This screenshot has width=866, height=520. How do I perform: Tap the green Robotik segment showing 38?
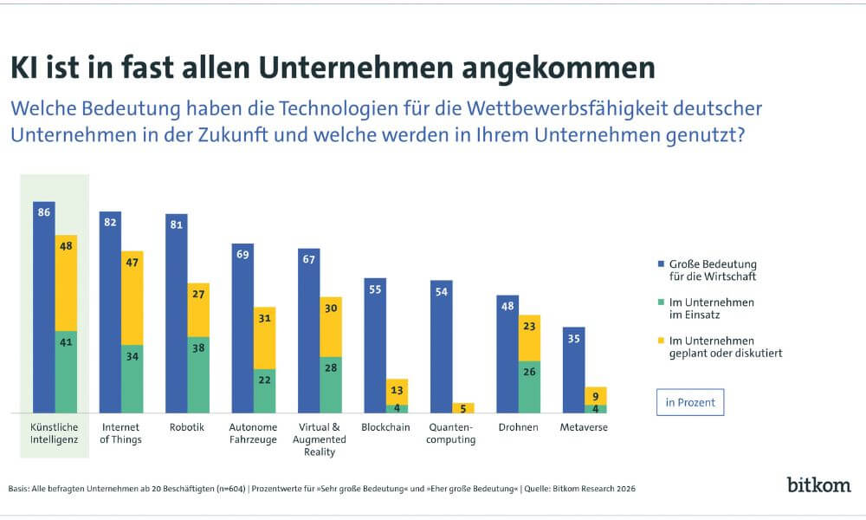click(x=198, y=374)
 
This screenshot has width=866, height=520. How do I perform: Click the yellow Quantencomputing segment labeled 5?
click(x=462, y=407)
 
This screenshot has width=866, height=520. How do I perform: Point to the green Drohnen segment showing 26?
click(x=529, y=386)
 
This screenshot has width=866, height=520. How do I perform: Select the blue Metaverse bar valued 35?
click(x=573, y=369)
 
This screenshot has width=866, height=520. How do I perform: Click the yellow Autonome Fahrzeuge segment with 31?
click(x=264, y=337)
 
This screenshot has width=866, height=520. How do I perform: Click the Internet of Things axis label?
click(x=121, y=433)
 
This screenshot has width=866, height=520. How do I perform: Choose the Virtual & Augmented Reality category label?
click(x=320, y=439)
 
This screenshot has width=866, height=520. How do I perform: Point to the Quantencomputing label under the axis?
click(x=453, y=433)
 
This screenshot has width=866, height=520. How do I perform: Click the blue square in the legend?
click(x=662, y=263)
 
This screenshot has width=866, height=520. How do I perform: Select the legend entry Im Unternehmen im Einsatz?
click(x=705, y=308)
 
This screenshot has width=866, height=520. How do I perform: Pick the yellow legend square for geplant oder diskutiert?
click(x=662, y=341)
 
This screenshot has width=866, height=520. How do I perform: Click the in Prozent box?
click(x=689, y=403)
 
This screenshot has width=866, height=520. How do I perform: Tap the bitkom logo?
click(x=818, y=484)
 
